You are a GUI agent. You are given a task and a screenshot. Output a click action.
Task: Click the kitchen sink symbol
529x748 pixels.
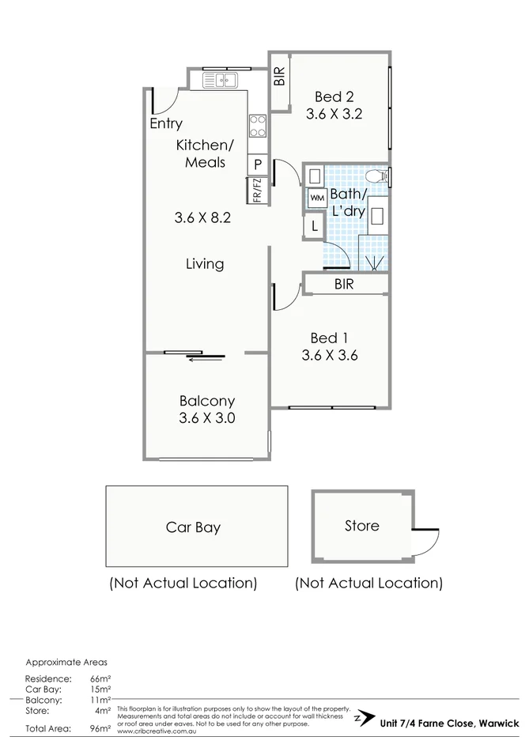pos(221,80)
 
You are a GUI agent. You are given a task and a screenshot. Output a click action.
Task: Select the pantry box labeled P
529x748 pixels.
pos(258,164)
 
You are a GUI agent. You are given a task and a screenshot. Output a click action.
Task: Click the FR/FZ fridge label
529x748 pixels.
pos(257,190)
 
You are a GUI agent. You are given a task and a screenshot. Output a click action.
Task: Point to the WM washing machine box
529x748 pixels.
pos(316,198)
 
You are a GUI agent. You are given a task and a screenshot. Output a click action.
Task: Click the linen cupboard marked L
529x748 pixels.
pos(314,226)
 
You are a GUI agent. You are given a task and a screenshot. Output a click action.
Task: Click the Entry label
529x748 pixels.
pos(166,123)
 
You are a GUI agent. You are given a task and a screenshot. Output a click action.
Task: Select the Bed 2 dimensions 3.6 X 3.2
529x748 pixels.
pos(334,113)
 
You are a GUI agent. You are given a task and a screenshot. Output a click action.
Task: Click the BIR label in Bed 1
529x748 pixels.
pos(344,285)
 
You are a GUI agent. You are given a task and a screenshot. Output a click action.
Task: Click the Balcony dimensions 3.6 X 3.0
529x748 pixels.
pos(206,419)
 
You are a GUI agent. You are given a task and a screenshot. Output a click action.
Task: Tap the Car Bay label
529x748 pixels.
pos(193,527)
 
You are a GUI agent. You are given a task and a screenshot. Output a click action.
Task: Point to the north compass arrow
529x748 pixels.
pos(365,718)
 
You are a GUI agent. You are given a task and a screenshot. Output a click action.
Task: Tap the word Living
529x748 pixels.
pos(205,264)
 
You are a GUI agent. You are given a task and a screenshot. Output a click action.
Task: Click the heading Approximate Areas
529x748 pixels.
pos(66,662)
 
